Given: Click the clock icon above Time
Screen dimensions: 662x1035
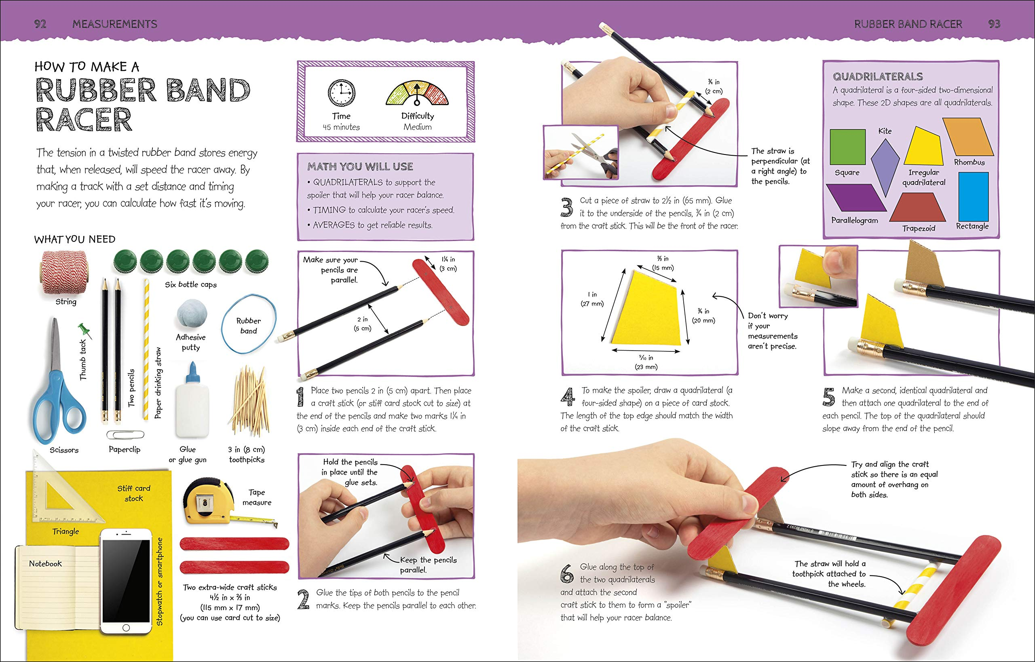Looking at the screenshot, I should pos(342,93).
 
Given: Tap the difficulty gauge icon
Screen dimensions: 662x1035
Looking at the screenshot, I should pos(416,94).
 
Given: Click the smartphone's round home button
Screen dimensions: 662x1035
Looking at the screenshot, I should pos(125,628).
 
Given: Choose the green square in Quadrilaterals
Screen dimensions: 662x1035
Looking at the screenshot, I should pos(847,147).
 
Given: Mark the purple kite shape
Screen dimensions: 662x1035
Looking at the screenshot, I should pos(885,167).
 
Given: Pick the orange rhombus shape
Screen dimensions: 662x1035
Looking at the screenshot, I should pos(968,137).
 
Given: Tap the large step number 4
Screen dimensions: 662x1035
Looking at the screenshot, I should pos(568,397).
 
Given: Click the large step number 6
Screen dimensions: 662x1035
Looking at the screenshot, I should pos(567,574).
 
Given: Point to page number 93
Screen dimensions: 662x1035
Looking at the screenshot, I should pos(994,24).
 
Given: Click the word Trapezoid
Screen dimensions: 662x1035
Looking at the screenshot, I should pos(919,228).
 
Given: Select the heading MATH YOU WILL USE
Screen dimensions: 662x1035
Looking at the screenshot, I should pos(360,167).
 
